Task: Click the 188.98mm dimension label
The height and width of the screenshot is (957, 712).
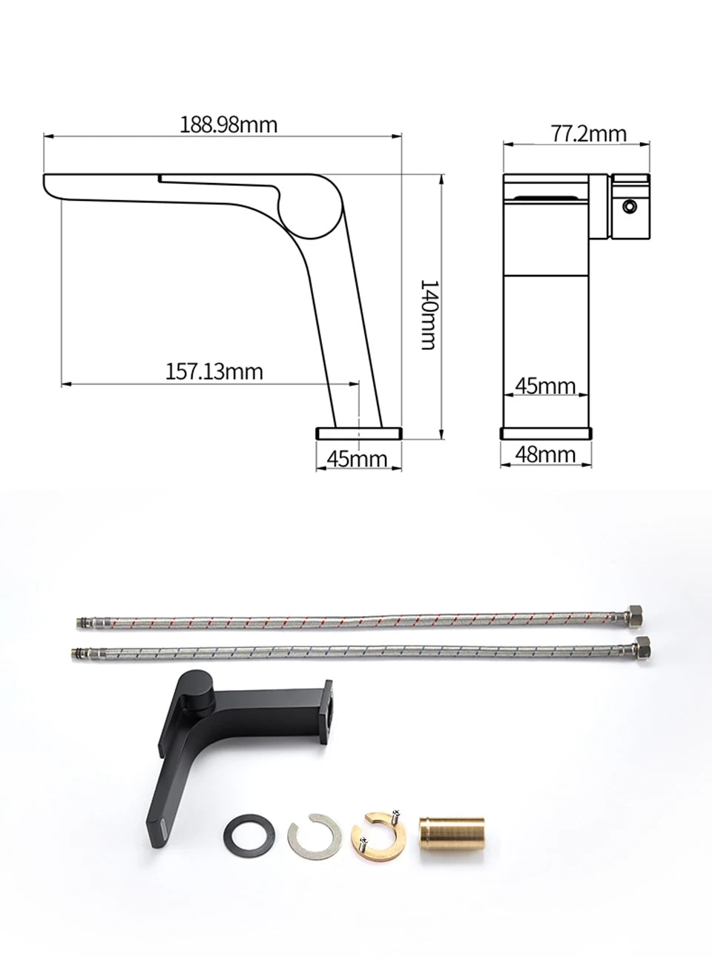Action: coord(228,125)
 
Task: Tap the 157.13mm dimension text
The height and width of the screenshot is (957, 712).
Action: coord(214,370)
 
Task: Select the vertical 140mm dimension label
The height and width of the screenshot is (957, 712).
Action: coord(428,314)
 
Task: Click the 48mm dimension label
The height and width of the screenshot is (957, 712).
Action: coord(546,454)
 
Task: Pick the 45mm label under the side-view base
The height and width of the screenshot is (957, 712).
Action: coord(357,458)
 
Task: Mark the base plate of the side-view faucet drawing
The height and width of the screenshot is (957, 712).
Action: coord(360,432)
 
